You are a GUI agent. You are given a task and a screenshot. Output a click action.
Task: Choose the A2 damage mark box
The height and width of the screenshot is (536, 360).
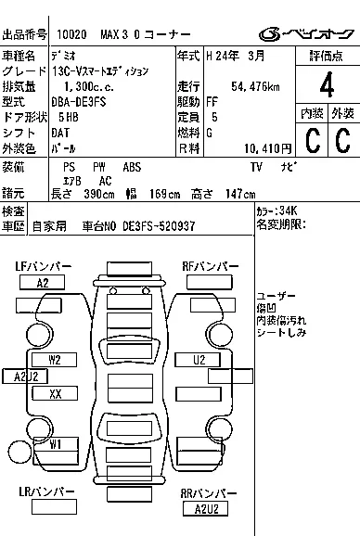coord(43,283)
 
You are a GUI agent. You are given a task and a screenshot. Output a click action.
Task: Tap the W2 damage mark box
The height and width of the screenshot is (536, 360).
coord(56,360)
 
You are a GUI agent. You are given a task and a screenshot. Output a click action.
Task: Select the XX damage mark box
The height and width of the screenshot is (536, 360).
coord(56,393)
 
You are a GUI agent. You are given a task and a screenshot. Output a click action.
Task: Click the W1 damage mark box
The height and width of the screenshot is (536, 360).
coord(56,444)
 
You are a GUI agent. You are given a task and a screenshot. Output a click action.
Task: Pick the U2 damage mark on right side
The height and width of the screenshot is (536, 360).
coord(199,360)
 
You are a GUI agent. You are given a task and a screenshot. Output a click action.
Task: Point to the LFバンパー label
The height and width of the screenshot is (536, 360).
coord(44,267)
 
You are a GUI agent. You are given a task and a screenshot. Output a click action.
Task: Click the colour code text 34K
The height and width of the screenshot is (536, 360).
coord(289,211)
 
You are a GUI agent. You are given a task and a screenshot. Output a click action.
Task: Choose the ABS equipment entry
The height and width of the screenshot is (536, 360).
coord(133,166)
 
